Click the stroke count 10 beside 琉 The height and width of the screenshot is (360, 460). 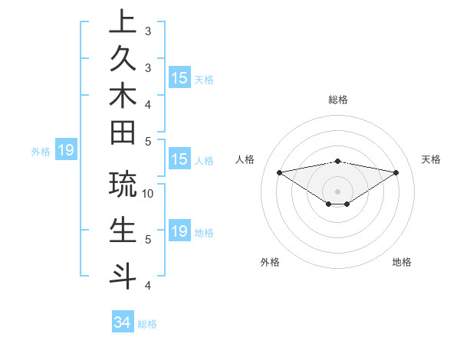point(149,193)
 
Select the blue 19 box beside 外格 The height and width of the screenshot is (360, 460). point(65,150)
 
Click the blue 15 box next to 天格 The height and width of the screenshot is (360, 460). point(179,77)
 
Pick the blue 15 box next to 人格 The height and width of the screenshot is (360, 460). point(179,159)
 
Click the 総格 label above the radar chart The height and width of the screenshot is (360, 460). point(338,100)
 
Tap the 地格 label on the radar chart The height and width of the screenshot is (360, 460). point(402,262)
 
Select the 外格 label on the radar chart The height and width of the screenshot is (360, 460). point(270,262)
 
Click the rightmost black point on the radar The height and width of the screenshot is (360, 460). point(396,172)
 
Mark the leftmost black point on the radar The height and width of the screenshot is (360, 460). point(279,172)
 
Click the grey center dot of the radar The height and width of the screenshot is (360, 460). point(337,191)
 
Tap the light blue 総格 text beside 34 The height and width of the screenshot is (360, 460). point(147,324)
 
